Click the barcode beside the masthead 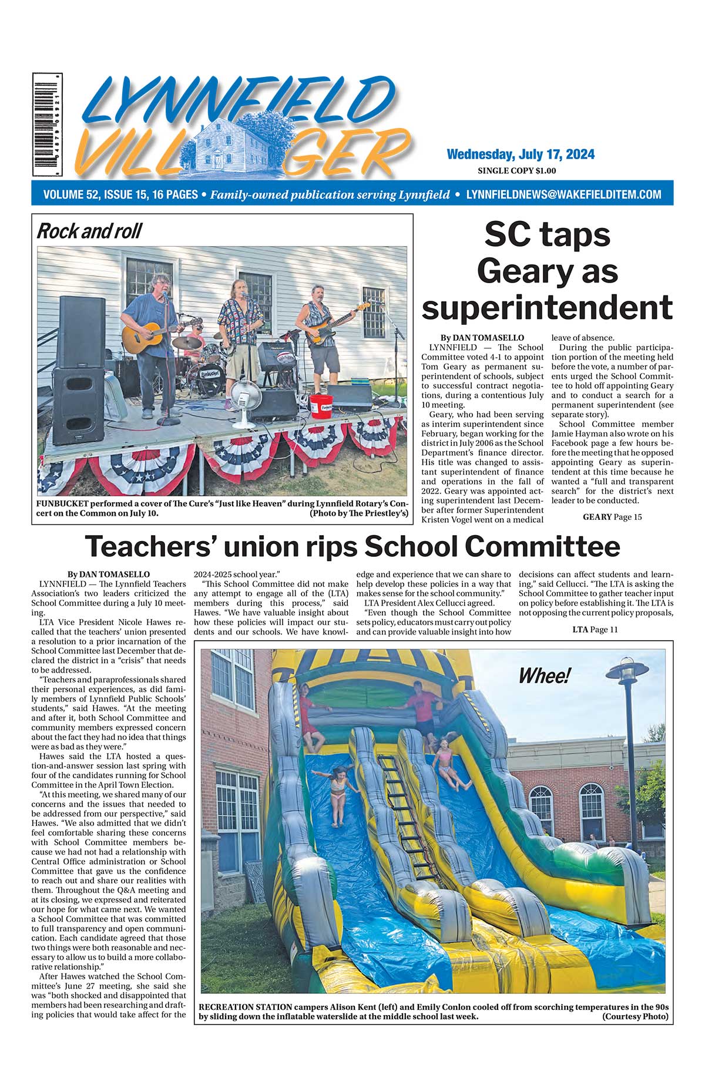tap(48, 125)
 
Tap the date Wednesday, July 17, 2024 tap(521, 154)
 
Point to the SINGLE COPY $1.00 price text tap(517, 172)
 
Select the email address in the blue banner tap(563, 194)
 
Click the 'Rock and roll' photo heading tap(89, 231)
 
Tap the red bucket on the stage tap(321, 405)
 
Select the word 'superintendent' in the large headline tap(548, 307)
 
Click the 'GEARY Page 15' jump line tap(612, 517)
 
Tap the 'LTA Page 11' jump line tap(595, 630)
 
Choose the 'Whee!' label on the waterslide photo tap(543, 676)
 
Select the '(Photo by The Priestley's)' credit tap(358, 513)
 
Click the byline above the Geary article tap(482, 338)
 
